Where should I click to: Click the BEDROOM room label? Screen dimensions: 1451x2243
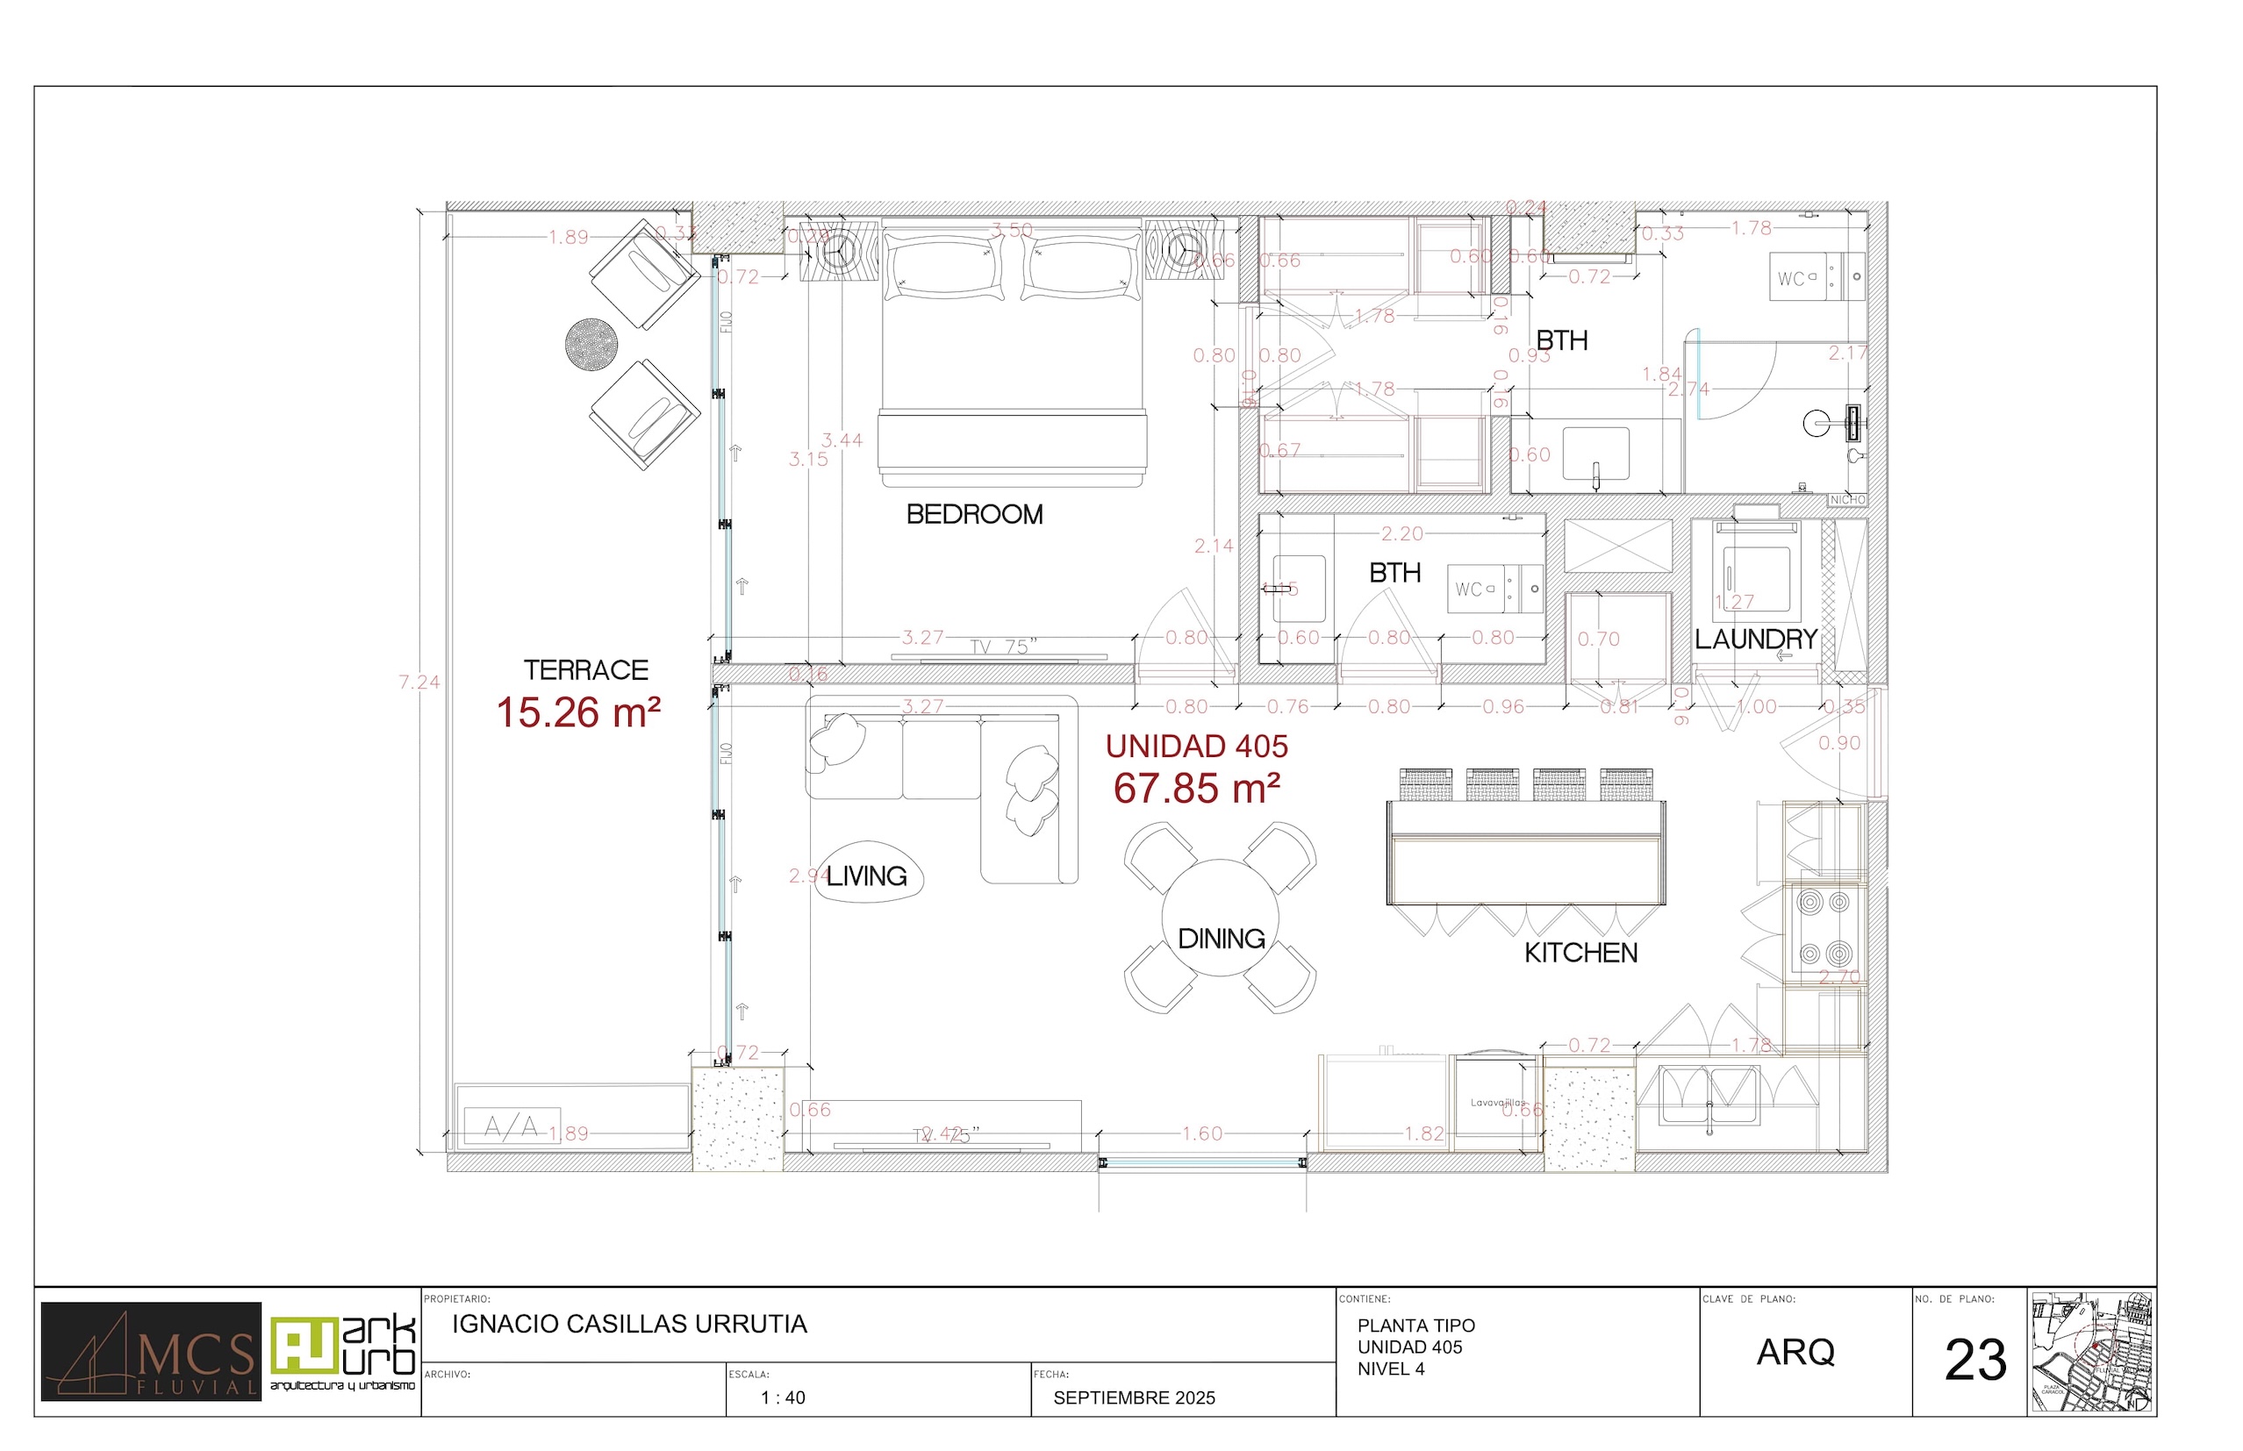[974, 514]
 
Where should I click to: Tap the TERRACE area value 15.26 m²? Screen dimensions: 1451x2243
[577, 713]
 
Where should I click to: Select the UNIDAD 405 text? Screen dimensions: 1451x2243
[1196, 747]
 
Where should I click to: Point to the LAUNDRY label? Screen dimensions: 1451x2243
[1756, 639]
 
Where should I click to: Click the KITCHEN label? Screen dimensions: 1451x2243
[1580, 953]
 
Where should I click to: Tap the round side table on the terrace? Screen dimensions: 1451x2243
[591, 345]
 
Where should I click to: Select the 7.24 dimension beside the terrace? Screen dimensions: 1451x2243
[419, 683]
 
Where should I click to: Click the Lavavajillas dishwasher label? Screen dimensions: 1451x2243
[1496, 1103]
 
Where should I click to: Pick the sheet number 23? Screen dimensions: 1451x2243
[1975, 1361]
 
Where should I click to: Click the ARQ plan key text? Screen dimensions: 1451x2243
[1795, 1353]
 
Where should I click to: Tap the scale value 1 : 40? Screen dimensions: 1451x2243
[783, 1398]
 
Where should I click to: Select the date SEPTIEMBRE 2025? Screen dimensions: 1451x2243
[1134, 1398]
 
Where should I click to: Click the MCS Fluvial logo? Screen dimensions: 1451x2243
[151, 1352]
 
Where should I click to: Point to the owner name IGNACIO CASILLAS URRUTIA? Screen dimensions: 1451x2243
[629, 1325]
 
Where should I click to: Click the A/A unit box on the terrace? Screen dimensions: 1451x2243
[512, 1126]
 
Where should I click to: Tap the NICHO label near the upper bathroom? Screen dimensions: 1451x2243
[1847, 500]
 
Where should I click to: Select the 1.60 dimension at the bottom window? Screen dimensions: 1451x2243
[1201, 1133]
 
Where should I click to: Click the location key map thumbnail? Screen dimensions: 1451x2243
[2091, 1352]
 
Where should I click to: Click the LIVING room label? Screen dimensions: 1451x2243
[866, 876]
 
